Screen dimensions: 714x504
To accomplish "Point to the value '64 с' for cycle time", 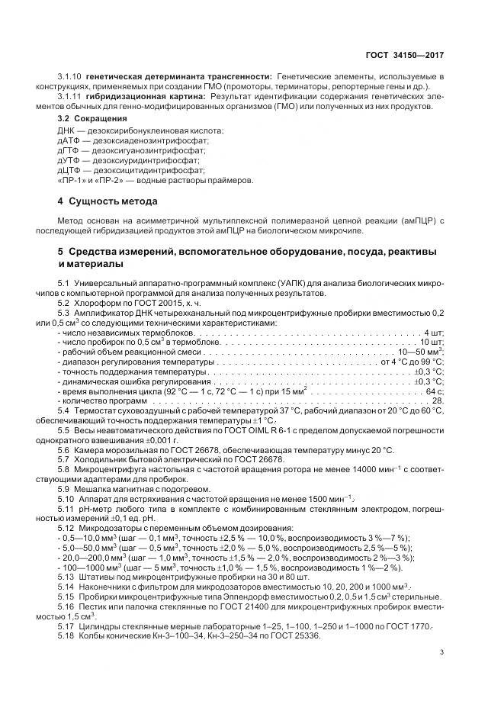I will point(435,368).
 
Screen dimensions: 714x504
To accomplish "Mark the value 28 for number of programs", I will point(438,378).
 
